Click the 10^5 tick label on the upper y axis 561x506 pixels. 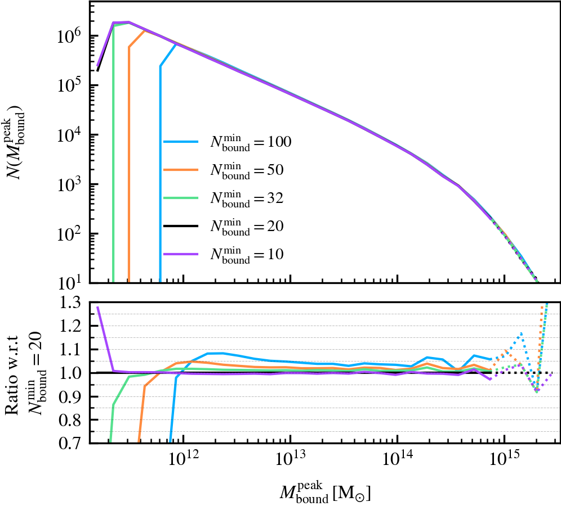tap(70, 85)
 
